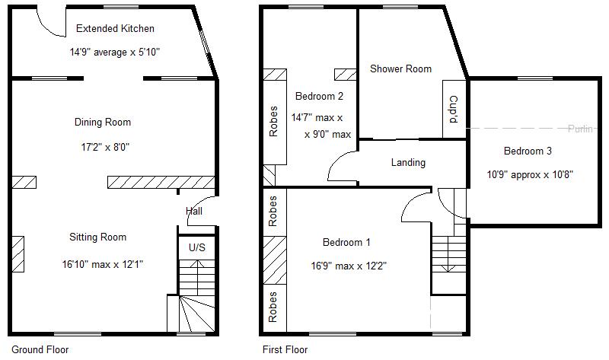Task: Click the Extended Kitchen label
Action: tap(115, 29)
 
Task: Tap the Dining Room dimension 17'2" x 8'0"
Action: tap(102, 146)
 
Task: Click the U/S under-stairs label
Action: tap(196, 248)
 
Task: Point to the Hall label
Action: tap(193, 211)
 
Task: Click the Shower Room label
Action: tap(400, 68)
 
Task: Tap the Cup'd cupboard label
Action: tap(453, 109)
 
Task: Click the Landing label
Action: tap(408, 162)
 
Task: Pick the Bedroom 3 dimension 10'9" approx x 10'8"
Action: tap(530, 174)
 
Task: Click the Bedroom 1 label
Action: tap(346, 243)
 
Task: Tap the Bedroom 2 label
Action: tap(319, 96)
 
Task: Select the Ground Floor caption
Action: tap(40, 350)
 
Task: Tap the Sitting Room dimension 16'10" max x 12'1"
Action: tap(102, 265)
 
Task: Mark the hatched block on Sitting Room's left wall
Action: tap(18, 253)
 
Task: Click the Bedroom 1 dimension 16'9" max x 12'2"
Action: tap(346, 267)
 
